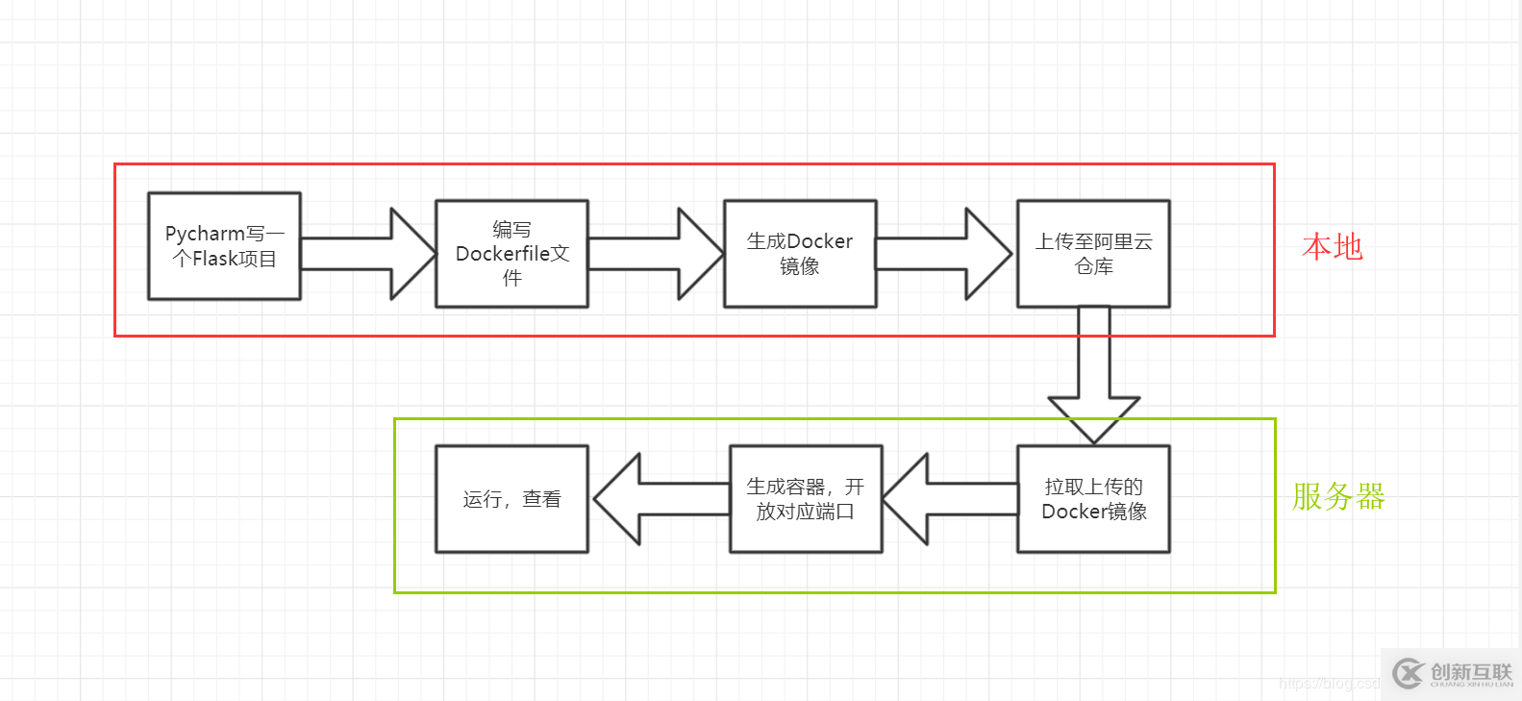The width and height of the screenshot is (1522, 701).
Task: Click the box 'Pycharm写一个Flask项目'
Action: pyautogui.click(x=224, y=246)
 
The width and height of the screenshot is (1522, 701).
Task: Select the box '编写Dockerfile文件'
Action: pyautogui.click(x=511, y=254)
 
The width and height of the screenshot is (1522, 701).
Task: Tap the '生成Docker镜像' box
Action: pyautogui.click(x=800, y=254)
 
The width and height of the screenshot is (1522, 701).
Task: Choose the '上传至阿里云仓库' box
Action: pyautogui.click(x=1093, y=254)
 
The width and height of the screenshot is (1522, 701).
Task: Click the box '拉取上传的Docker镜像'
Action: pyautogui.click(x=1093, y=499)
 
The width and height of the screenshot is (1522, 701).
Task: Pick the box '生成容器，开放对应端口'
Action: pyautogui.click(x=806, y=499)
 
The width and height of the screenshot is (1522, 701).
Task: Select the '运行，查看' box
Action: pyautogui.click(x=511, y=499)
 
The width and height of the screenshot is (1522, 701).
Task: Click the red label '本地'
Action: pyautogui.click(x=1332, y=247)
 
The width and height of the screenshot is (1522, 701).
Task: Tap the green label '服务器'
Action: pyautogui.click(x=1337, y=497)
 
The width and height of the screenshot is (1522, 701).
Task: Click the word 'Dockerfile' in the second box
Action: pyautogui.click(x=501, y=254)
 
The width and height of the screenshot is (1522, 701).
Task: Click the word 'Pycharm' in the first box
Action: pyautogui.click(x=205, y=234)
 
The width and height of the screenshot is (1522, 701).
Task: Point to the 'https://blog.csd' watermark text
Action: pyautogui.click(x=1329, y=684)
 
